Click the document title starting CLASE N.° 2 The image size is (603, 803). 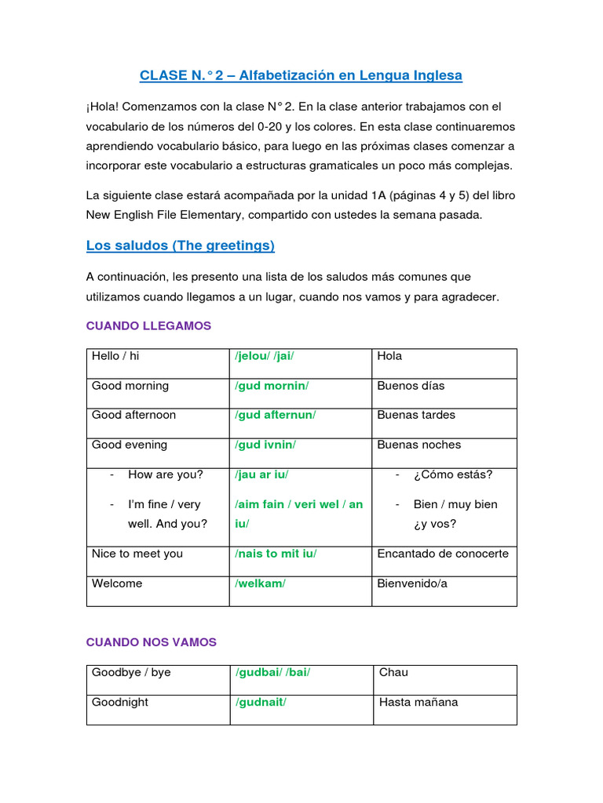[301, 75]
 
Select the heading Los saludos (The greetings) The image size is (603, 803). [180, 245]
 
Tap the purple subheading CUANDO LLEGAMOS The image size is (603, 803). [148, 325]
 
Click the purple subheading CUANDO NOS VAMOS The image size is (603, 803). [151, 641]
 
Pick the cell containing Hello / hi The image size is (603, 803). [115, 356]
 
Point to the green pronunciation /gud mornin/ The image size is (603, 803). [272, 386]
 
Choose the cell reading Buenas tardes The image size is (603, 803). [416, 415]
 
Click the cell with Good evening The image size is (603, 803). [130, 445]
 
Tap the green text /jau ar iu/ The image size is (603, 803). [266, 474]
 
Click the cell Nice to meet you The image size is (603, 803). [137, 554]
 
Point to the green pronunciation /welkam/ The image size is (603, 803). [260, 583]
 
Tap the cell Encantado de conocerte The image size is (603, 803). [443, 554]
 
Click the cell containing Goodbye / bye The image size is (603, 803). [131, 672]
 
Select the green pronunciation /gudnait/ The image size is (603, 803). [261, 702]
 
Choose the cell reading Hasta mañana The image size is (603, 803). [418, 702]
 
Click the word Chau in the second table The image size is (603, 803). [393, 672]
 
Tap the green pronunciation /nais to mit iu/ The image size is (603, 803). [276, 554]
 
